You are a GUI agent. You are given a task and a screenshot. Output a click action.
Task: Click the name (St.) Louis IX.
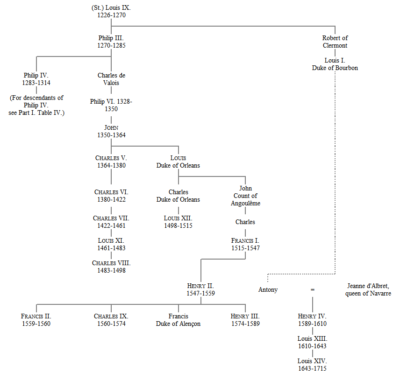coord(111,8)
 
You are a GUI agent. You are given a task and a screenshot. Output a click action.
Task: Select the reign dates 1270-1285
coord(111,46)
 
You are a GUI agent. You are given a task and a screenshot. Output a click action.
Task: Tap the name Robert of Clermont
coord(335,42)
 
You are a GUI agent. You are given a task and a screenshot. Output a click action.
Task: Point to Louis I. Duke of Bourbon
coord(335,64)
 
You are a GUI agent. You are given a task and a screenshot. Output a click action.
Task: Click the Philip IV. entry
coord(36,79)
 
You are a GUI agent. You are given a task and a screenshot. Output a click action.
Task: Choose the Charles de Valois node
coord(111,79)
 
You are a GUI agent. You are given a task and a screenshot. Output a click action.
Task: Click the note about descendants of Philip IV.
coord(36,105)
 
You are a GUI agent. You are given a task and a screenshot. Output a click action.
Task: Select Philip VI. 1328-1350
coord(111,105)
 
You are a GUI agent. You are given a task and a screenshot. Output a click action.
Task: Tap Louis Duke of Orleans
coord(178,162)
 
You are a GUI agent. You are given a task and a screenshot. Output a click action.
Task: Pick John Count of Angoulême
coord(245,196)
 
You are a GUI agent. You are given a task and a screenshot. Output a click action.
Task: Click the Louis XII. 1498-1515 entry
coord(178,222)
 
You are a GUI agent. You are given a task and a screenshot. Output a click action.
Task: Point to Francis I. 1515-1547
coord(245,244)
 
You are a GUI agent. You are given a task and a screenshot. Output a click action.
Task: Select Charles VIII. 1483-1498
coord(111,267)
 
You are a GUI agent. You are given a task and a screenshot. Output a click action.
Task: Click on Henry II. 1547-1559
coord(200,289)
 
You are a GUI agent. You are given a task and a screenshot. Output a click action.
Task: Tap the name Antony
coord(268,289)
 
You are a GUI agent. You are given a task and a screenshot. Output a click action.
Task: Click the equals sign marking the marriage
coord(313,290)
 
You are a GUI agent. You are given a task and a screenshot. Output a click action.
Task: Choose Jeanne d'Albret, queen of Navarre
coord(368,289)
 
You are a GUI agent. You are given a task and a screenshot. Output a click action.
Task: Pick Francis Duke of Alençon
coord(178,320)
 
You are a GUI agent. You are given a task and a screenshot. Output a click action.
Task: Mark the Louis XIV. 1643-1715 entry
coord(312,365)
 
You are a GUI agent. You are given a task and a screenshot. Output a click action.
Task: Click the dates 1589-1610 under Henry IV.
coord(312,324)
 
